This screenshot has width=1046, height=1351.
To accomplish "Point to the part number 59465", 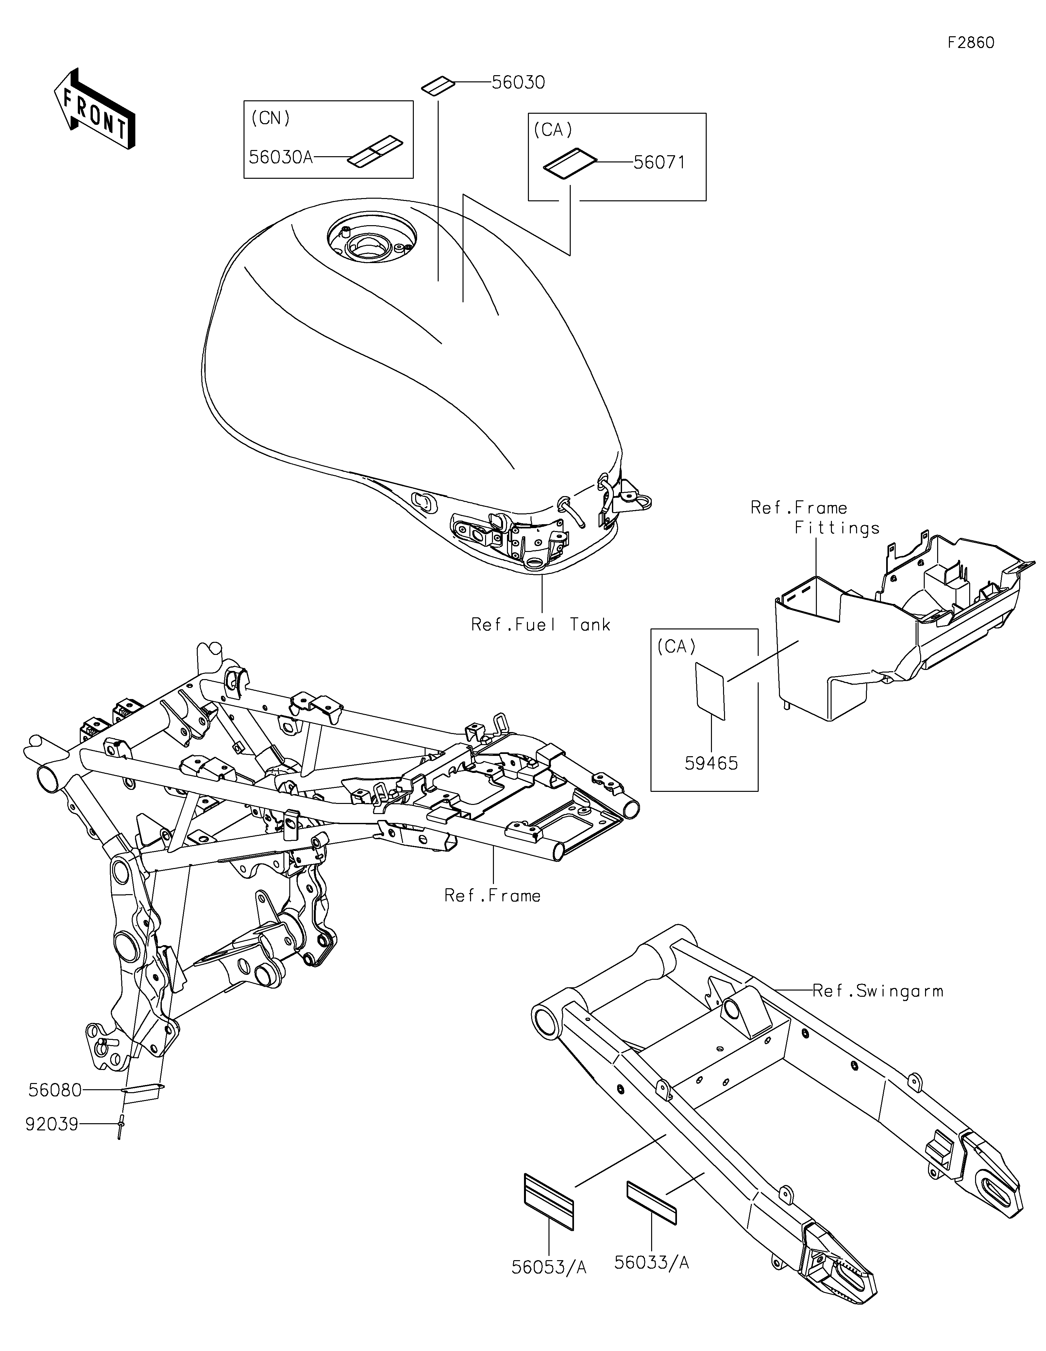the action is (x=711, y=763).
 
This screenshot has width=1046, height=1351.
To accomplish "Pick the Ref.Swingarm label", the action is (x=878, y=991).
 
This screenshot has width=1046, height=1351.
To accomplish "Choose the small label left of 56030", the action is (x=439, y=85).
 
